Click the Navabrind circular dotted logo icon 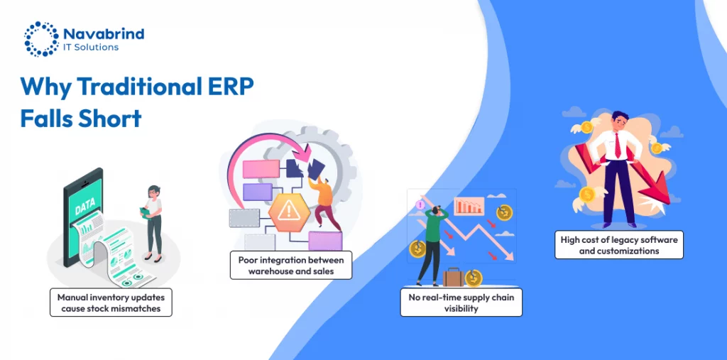41,38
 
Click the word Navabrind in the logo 104,33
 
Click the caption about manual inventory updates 111,302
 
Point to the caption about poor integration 291,266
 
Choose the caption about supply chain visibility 463,303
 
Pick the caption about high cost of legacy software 618,245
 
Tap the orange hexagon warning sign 288,210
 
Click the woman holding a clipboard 153,221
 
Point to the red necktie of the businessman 617,145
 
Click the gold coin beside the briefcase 474,278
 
